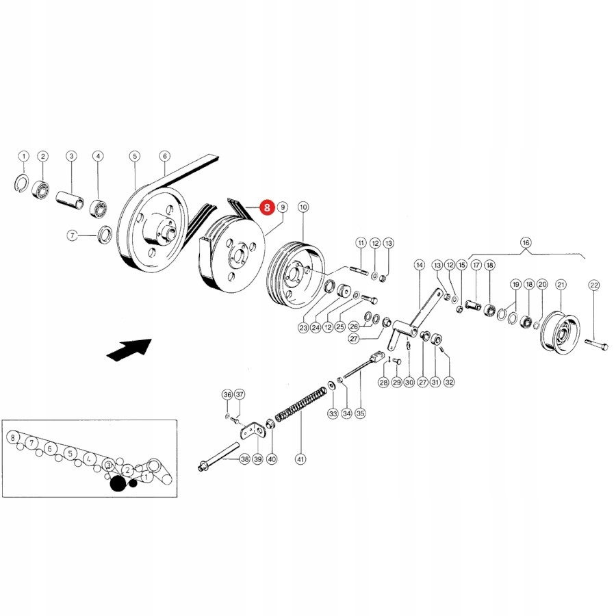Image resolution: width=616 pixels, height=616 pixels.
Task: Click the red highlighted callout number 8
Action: pos(266,206)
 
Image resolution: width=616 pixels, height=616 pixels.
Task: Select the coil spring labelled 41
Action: pos(300,406)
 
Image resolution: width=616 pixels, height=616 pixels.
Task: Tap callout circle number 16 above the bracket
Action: pos(526,242)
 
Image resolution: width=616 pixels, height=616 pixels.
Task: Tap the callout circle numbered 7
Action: pos(73,235)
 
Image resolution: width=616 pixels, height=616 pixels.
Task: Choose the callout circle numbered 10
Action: pos(303,206)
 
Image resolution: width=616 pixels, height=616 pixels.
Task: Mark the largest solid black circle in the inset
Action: pos(118,484)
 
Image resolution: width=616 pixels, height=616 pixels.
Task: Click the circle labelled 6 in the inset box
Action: pos(49,449)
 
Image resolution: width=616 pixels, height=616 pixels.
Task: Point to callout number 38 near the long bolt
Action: pos(245,459)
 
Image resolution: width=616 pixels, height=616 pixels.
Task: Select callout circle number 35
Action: pos(361,413)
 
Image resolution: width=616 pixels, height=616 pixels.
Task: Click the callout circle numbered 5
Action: pos(134,157)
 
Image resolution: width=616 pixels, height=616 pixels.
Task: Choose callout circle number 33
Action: pos(333,413)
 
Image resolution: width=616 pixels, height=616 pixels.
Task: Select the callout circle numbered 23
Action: pos(303,328)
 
